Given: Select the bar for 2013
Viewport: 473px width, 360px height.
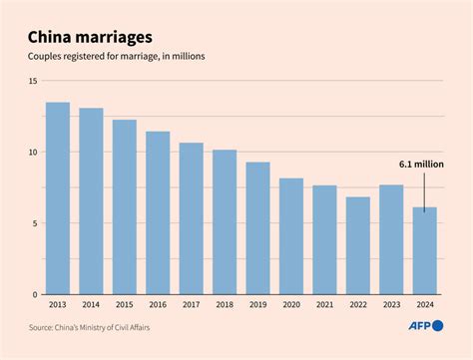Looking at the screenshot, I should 58,198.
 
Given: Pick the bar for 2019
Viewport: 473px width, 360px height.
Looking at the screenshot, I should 257,228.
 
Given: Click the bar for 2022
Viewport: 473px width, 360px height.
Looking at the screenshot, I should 357,245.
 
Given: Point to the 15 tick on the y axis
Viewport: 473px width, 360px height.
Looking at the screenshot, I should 32,81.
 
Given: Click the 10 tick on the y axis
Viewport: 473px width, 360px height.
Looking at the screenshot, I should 32,153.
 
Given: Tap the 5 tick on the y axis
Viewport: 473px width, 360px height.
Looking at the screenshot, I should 34,223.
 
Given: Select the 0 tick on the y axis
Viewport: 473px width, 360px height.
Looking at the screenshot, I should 34,295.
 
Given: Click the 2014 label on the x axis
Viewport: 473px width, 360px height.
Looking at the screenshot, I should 91,306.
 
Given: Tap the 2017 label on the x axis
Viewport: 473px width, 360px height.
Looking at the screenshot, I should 191,306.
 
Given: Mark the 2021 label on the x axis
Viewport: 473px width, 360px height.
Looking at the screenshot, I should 324,306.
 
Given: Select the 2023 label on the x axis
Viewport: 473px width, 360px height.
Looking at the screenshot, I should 391,306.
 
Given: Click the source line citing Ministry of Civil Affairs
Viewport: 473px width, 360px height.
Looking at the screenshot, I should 105,327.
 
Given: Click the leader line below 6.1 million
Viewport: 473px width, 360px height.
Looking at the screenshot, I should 424,189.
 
